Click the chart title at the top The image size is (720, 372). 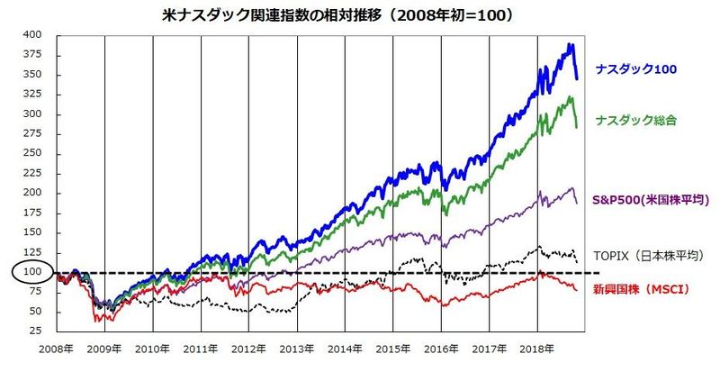tap(360, 14)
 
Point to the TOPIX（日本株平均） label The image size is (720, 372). tap(646, 255)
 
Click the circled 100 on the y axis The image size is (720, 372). tap(31, 272)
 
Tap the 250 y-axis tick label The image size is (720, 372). tap(32, 153)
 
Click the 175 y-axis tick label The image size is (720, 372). tap(32, 213)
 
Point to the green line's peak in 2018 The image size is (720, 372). tap(570, 95)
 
